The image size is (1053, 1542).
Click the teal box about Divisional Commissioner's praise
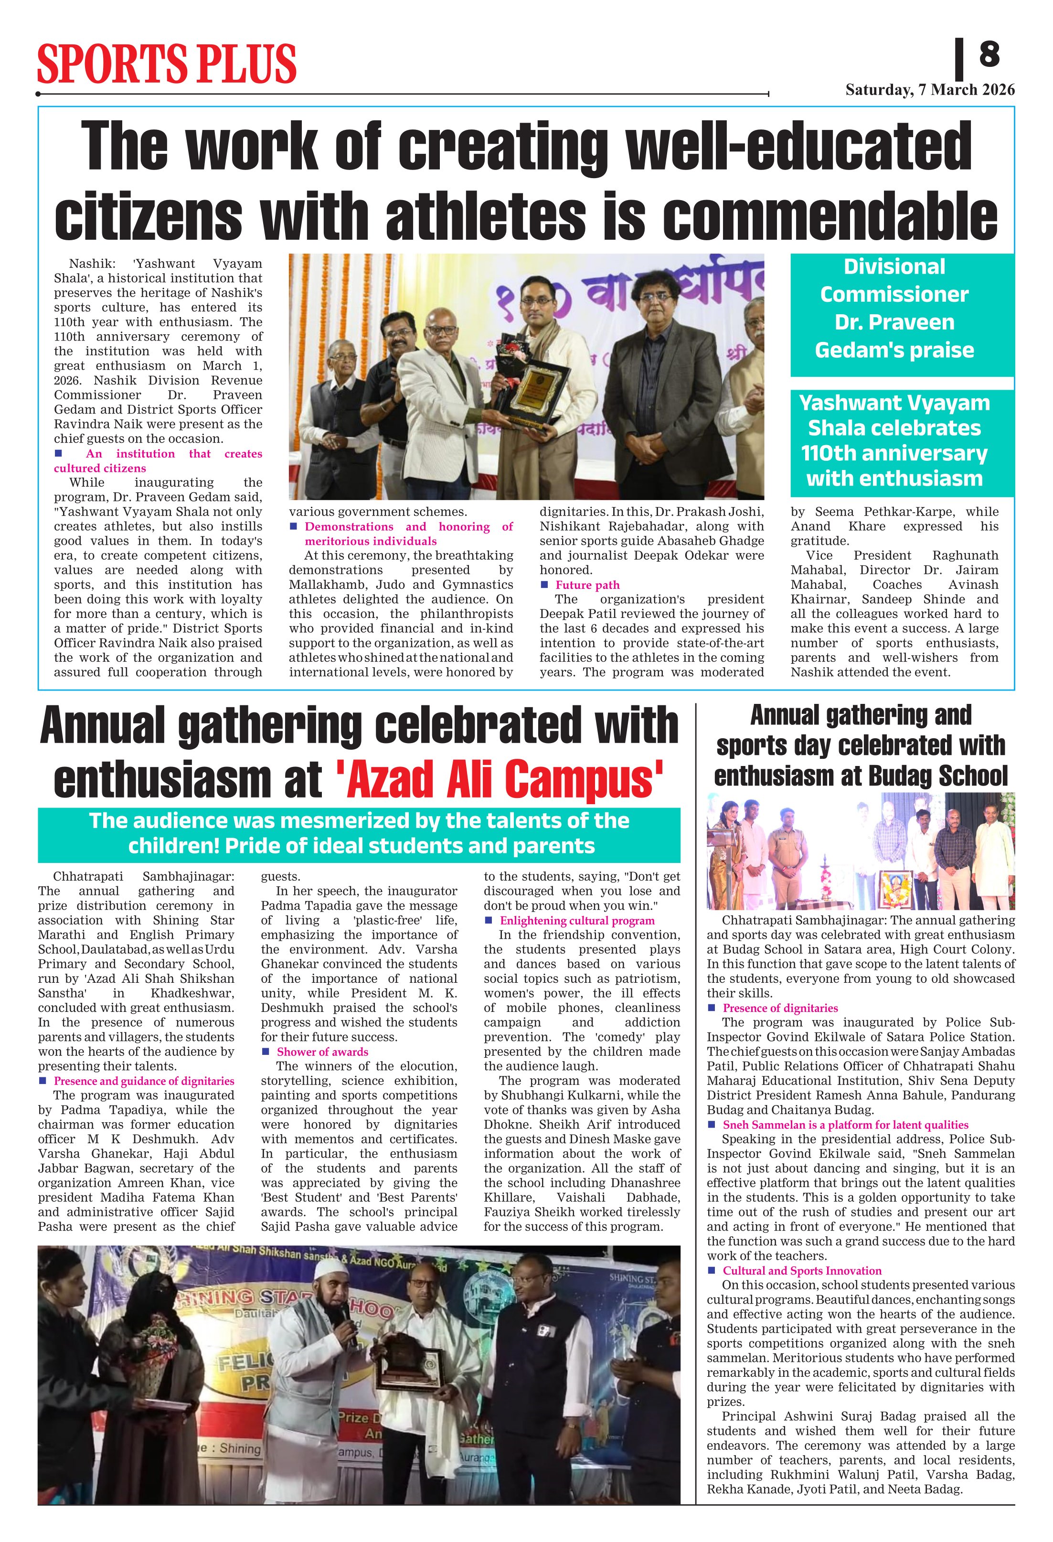(x=902, y=309)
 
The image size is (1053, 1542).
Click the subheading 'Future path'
(x=587, y=585)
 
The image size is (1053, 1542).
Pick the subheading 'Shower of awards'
(x=322, y=1052)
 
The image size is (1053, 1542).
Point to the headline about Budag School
(x=861, y=746)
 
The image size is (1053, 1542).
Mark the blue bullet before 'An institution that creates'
(x=58, y=453)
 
